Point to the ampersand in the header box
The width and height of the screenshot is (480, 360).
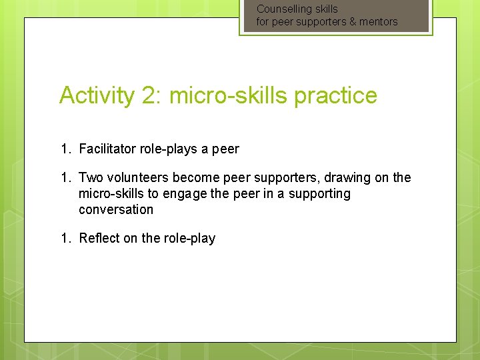(x=353, y=22)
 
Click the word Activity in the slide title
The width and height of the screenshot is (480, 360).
(x=97, y=96)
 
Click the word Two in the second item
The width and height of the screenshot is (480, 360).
(x=91, y=178)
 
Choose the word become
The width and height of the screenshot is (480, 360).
(x=195, y=178)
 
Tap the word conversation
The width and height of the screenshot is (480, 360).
(x=116, y=210)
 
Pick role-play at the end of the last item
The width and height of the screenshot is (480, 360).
(x=189, y=239)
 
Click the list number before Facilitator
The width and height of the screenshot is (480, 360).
(x=65, y=149)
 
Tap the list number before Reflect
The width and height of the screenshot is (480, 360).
(x=65, y=239)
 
